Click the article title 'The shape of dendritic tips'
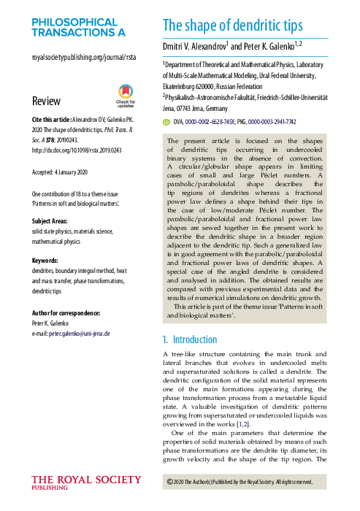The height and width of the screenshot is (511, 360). click(232, 26)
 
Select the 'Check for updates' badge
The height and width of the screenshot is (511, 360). click(128, 96)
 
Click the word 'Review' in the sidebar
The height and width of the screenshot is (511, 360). click(46, 101)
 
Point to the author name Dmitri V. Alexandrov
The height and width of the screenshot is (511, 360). click(195, 46)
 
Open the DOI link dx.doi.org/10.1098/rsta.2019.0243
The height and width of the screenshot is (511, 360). click(76, 152)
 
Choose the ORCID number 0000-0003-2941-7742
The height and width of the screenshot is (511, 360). click(272, 123)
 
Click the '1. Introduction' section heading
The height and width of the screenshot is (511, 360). click(189, 339)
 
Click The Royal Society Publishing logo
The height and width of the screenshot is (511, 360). click(86, 483)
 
